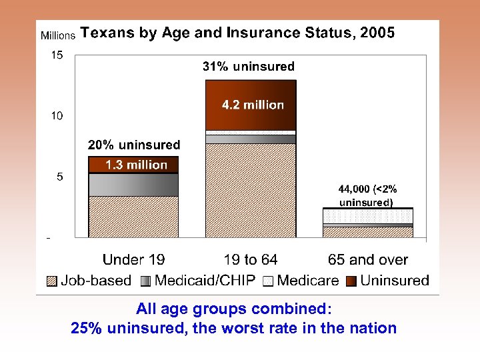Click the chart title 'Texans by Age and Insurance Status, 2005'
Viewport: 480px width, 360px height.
[237, 33]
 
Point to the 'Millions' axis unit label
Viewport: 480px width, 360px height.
[58, 35]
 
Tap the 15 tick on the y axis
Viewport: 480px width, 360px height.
[57, 55]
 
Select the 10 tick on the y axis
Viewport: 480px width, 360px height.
[57, 116]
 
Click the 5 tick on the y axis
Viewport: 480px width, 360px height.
[59, 177]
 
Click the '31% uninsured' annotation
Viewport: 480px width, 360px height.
[248, 66]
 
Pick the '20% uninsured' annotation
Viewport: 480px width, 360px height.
[134, 145]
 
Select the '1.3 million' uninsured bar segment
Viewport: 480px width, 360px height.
[134, 165]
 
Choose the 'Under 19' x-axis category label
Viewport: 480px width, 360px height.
[133, 260]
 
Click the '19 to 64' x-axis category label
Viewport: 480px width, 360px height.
[251, 260]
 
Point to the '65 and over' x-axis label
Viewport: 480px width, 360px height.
[368, 260]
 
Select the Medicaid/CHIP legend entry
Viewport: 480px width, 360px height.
[198, 281]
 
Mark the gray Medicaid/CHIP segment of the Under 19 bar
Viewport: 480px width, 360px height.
[133, 185]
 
